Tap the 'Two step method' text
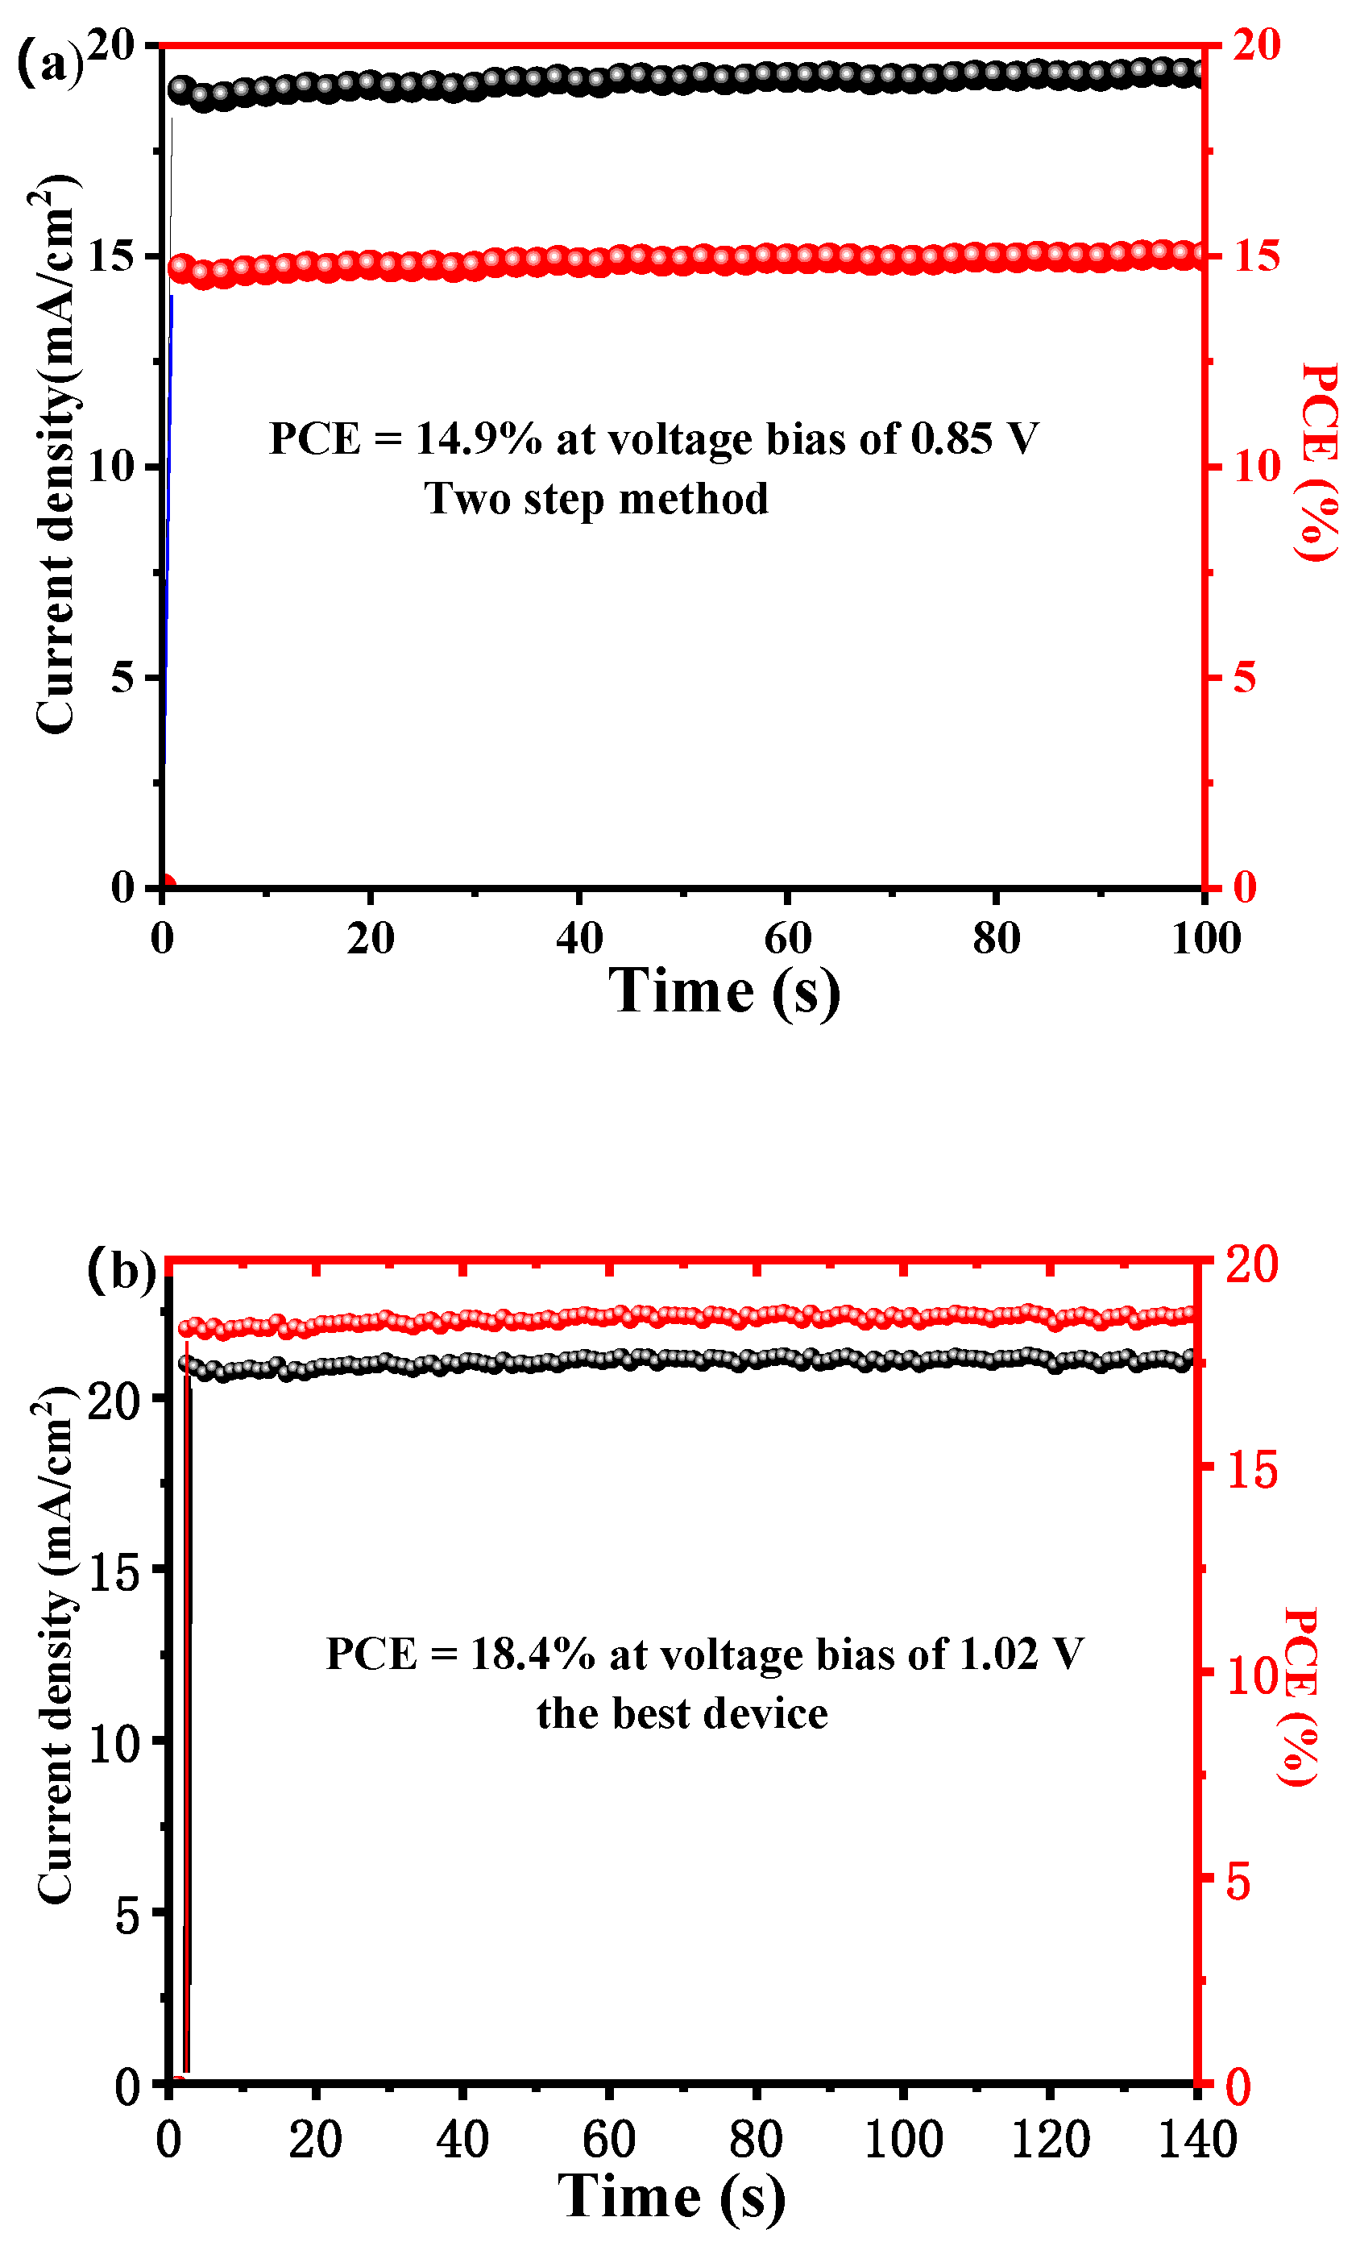596,499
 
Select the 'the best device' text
682,1713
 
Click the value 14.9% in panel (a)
479,438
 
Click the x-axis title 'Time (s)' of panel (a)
724,991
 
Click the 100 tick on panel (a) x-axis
1205,937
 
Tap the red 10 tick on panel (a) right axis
1256,467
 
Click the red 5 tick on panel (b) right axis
1239,1881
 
